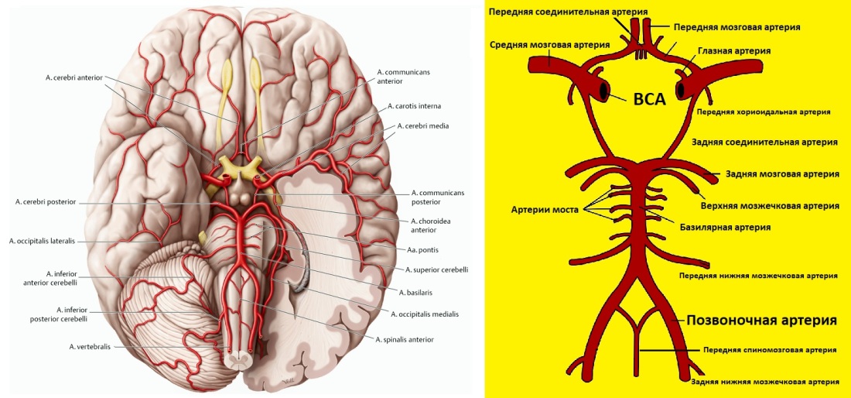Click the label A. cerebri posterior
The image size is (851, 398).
[46, 203]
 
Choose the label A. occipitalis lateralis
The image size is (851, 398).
[43, 240]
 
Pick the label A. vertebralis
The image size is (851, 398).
[90, 346]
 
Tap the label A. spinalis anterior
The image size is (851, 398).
[405, 339]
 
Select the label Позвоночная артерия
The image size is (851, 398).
[761, 320]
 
